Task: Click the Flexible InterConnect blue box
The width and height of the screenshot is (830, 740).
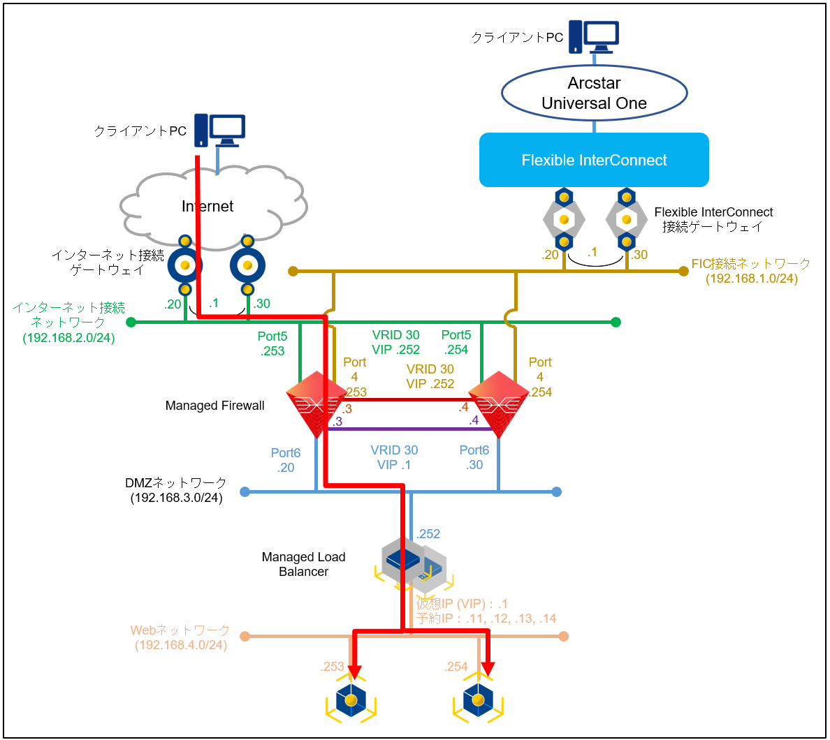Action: pos(594,160)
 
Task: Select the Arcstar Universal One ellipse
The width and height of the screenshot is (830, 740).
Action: pos(594,93)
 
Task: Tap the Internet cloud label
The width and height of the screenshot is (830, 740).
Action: pos(207,207)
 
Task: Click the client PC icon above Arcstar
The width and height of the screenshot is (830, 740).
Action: pos(594,36)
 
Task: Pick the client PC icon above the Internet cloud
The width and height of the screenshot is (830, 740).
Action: pos(219,130)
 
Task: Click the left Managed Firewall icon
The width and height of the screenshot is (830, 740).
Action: pos(316,404)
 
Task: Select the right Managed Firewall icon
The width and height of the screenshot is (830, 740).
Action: pos(499,404)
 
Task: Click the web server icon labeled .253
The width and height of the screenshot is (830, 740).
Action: pos(351,700)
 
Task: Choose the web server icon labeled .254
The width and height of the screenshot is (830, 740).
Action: pos(478,700)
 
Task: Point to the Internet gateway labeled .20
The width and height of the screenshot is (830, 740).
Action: pos(185,265)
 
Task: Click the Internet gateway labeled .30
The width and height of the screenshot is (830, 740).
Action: pos(247,265)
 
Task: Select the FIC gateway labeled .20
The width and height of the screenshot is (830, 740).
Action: pos(564,219)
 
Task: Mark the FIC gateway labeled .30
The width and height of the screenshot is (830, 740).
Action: pos(627,219)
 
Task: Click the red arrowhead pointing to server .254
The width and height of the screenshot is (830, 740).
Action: pos(487,669)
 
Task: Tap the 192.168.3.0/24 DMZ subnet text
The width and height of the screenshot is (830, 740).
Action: pos(176,498)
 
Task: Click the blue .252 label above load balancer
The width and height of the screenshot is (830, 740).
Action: pos(428,534)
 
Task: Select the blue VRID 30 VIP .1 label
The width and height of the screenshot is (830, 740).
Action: pos(395,457)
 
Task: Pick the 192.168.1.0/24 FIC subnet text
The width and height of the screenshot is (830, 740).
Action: pos(751,279)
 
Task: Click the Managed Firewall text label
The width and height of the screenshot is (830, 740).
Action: pos(214,406)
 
